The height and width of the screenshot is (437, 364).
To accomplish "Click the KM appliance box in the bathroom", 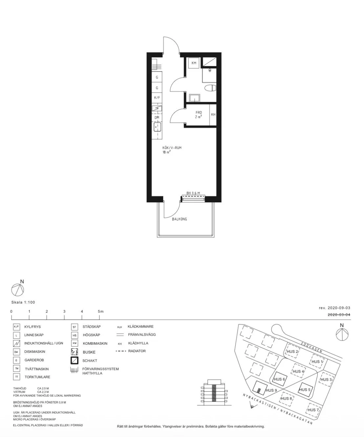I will click(x=194, y=63).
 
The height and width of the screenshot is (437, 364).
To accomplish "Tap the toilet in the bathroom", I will click(x=210, y=88).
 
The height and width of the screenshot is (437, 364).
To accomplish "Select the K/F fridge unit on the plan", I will click(x=157, y=98).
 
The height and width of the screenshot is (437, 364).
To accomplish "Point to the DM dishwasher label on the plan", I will click(x=157, y=118).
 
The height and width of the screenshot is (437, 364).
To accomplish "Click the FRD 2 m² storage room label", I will click(x=199, y=115).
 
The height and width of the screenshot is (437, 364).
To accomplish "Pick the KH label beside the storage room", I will click(x=213, y=115).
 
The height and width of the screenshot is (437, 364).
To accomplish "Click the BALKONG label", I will click(x=179, y=219).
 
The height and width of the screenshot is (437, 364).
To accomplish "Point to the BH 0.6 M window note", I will click(x=193, y=193).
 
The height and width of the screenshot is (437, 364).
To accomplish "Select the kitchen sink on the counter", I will click(x=157, y=127).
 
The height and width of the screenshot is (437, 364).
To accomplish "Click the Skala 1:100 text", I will click(x=23, y=302).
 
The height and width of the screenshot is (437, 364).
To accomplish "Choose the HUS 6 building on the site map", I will click(x=279, y=379).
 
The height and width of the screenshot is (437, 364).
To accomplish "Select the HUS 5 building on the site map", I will click(x=305, y=390).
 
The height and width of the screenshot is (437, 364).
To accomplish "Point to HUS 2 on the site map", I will click(x=292, y=352).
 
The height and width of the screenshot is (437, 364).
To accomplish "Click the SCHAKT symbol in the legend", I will click(x=75, y=360).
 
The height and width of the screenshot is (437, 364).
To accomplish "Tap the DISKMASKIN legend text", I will click(x=35, y=352).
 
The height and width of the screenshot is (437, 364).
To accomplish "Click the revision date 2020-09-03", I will click(x=334, y=308).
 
